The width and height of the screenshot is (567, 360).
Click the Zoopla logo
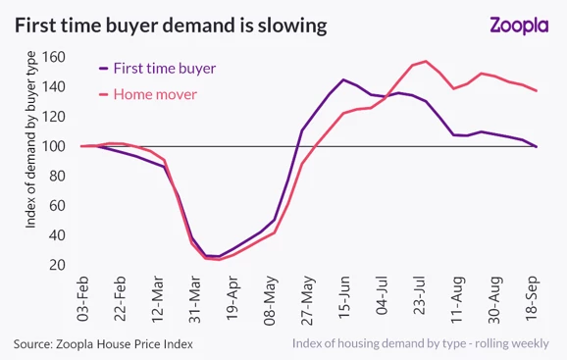point(519,26)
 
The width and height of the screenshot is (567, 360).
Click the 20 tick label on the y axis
point(57,265)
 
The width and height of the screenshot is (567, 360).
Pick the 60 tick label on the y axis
point(57,206)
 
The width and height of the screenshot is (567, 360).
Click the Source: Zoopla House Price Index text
point(103,343)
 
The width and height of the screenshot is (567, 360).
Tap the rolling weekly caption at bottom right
point(428,343)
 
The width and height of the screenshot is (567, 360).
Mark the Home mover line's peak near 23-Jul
point(426,62)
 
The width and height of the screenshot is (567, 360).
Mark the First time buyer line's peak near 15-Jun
point(343,79)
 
